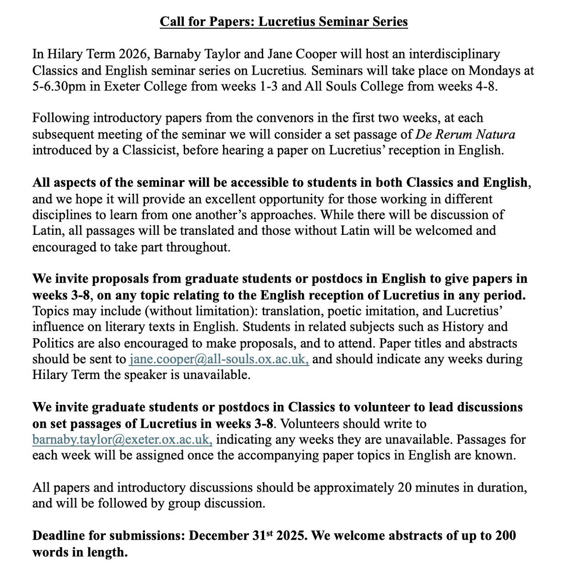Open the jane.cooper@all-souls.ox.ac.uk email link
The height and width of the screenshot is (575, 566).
pyautogui.click(x=219, y=359)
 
